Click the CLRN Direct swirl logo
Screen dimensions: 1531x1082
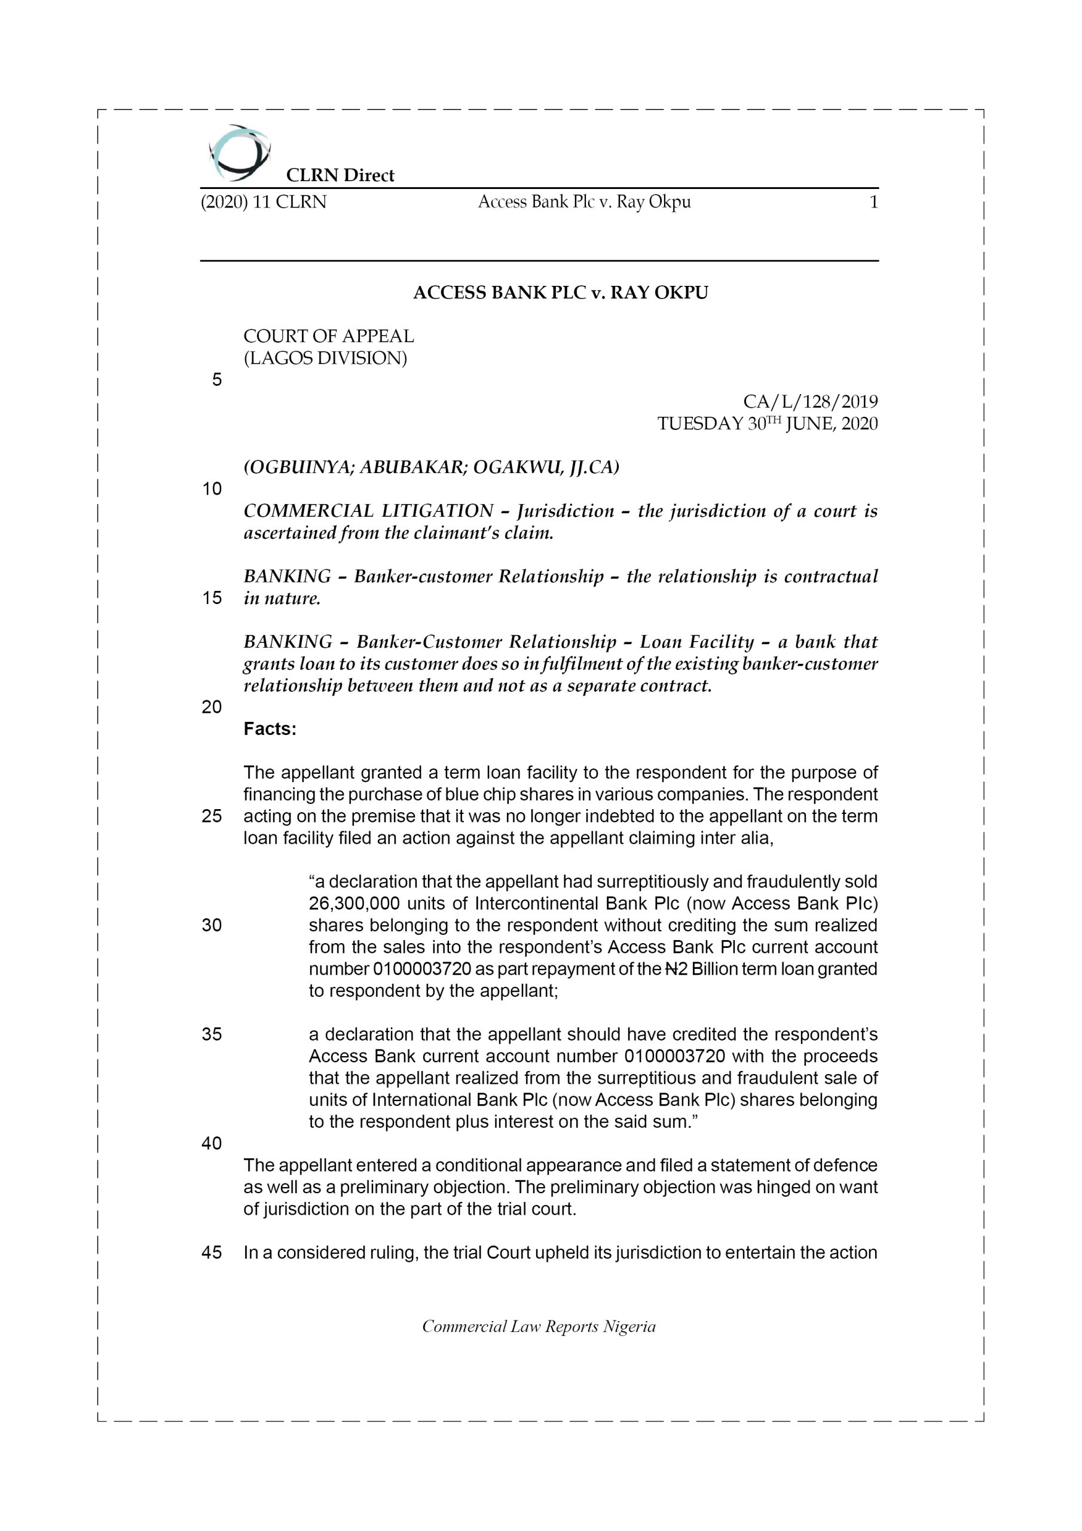[x=239, y=153]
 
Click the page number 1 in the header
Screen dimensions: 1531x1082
[x=873, y=202]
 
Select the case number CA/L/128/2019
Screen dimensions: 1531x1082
[x=810, y=401]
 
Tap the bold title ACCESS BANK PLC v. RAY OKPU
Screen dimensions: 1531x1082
[x=560, y=292]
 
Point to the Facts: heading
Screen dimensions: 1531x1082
[x=270, y=729]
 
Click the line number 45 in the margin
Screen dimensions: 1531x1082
[x=212, y=1252]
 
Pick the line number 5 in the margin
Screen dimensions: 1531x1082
[x=216, y=380]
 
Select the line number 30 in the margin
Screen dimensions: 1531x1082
[x=212, y=925]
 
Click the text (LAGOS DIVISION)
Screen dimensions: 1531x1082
[x=325, y=358]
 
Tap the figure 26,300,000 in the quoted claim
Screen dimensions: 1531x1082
[x=354, y=904]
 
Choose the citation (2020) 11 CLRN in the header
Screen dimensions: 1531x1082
[x=264, y=202]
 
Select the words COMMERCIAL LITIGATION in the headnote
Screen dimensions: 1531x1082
[x=368, y=511]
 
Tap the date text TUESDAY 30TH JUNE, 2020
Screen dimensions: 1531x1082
[x=768, y=423]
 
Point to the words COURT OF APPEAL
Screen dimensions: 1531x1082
[x=328, y=336]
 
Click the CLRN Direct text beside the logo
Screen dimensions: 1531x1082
[x=340, y=175]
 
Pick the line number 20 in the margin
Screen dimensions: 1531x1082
[x=212, y=707]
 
